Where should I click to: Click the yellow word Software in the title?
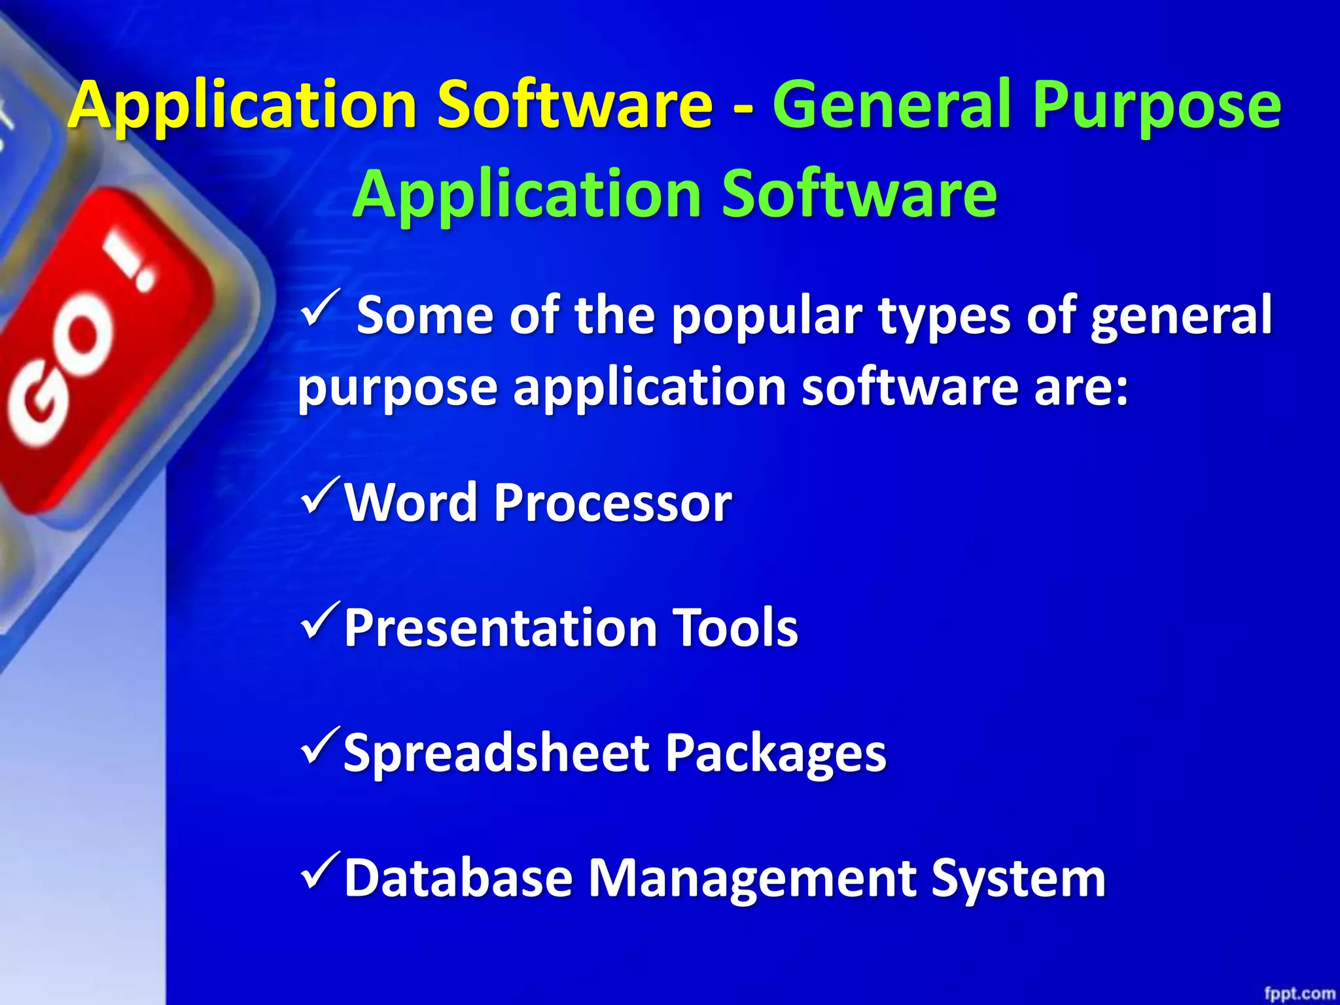point(574,105)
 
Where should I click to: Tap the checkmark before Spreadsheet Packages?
point(321,746)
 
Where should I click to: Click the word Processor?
point(612,502)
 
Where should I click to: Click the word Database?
point(458,877)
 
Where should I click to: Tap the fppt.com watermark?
point(1299,993)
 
